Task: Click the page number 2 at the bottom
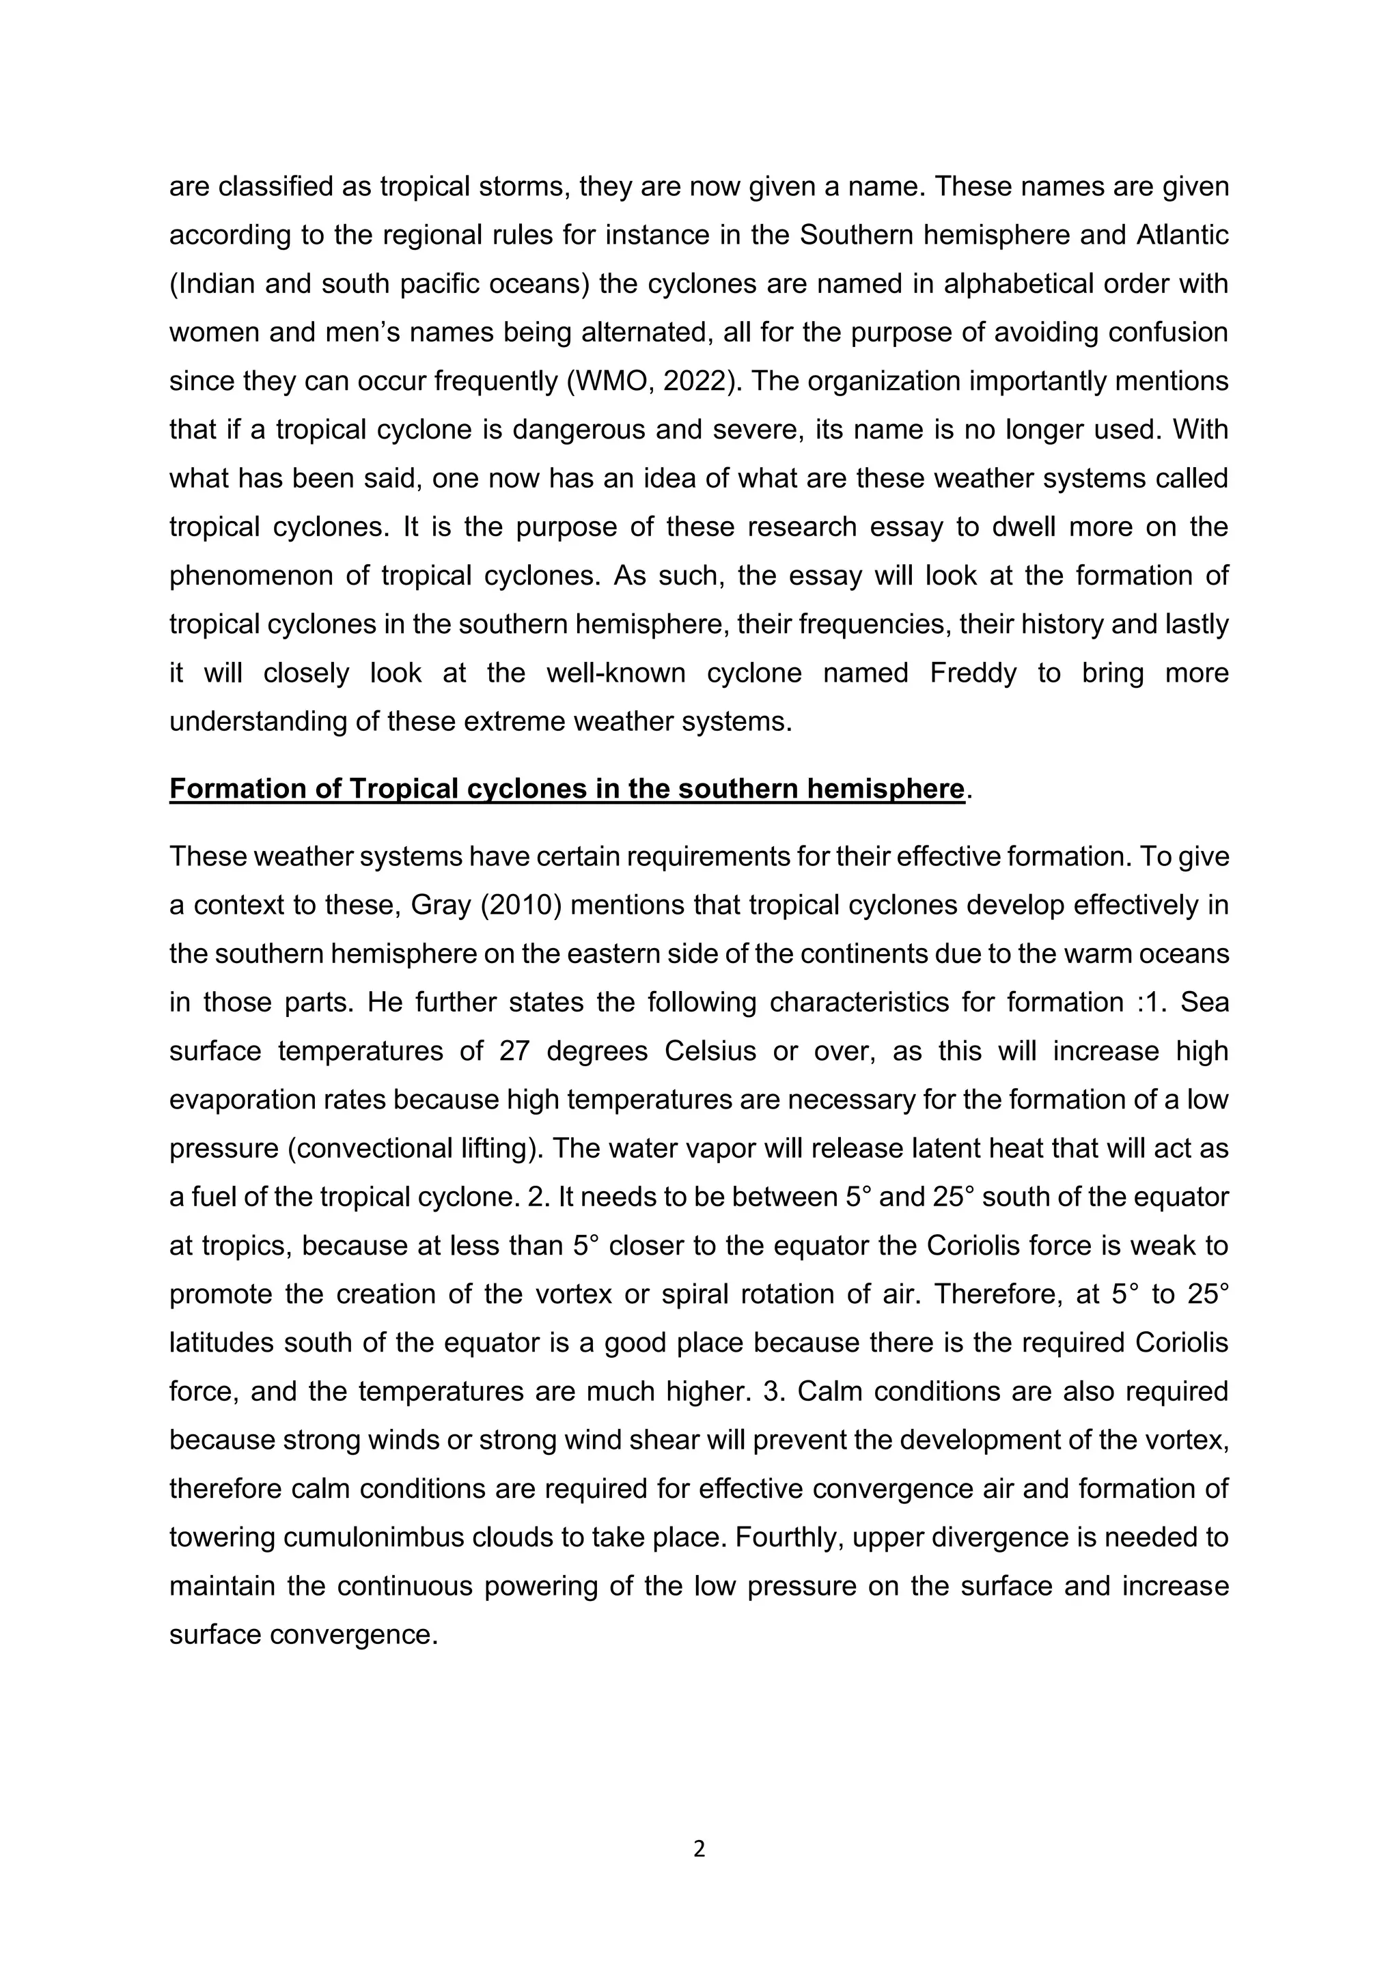click(699, 1848)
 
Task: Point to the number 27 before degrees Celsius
click(514, 1051)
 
